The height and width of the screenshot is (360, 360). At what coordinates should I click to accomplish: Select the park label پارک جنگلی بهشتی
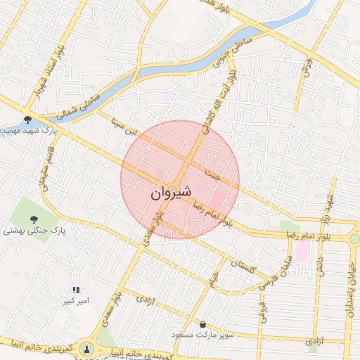pyautogui.click(x=34, y=230)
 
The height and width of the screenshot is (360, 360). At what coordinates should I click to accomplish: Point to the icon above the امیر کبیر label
pyautogui.click(x=76, y=290)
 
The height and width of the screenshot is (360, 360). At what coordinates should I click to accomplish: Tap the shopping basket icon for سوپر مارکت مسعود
pyautogui.click(x=203, y=325)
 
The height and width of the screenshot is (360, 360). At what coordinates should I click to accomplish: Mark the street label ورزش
pyautogui.click(x=307, y=68)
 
